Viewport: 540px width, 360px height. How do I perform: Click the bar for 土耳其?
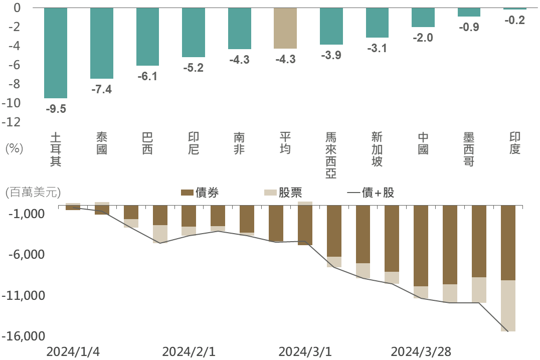[x=56, y=53]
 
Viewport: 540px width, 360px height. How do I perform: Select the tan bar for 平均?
[x=285, y=28]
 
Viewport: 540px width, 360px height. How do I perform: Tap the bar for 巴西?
[x=147, y=37]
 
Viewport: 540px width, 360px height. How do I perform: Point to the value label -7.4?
[x=101, y=90]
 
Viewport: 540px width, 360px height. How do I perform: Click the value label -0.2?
[x=515, y=21]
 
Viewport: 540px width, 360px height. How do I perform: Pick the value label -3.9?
[x=331, y=56]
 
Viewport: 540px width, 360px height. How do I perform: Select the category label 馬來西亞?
[x=331, y=155]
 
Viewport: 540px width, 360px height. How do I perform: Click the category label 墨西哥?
[x=469, y=149]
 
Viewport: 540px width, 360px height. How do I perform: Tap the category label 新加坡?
[x=377, y=149]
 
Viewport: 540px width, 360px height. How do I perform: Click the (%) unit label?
[x=14, y=149]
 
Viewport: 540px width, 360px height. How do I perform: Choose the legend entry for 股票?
[x=282, y=193]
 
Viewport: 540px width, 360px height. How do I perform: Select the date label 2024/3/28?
[x=421, y=352]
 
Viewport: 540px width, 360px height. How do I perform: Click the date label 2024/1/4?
[x=73, y=352]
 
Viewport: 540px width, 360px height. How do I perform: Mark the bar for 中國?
[x=423, y=17]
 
